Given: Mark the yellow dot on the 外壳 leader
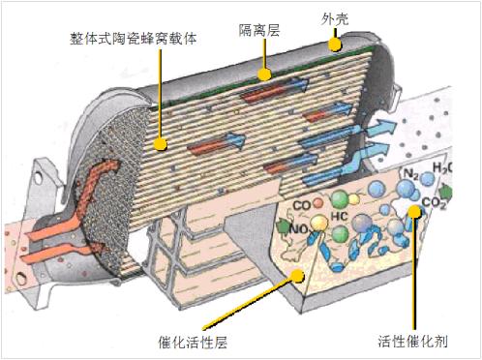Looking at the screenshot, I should coord(334,43).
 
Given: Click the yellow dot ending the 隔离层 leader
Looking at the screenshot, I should coord(262,72).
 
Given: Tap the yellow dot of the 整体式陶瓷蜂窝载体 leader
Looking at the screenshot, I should coord(159,145).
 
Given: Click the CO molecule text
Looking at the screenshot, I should coord(302,204).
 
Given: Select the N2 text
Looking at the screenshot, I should coord(409,177).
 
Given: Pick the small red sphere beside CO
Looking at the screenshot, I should coord(318,203).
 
